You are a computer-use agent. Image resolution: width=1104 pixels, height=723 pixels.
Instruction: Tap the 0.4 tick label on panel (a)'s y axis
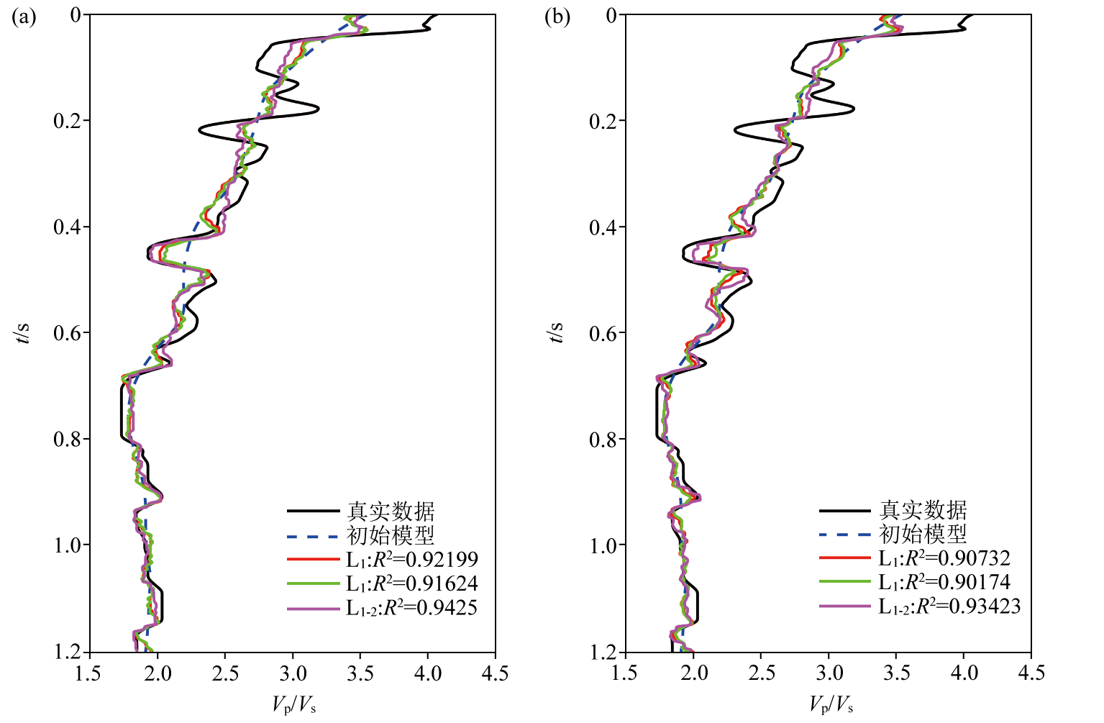[x=68, y=227]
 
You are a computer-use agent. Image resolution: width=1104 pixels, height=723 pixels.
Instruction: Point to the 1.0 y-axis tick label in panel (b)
[x=603, y=545]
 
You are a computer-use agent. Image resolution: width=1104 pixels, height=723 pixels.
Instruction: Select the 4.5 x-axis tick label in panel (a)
[x=495, y=674]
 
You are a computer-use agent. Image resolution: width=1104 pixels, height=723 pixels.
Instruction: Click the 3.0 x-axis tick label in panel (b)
[x=829, y=674]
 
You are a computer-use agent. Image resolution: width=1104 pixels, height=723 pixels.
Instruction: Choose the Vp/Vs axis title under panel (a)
[x=294, y=704]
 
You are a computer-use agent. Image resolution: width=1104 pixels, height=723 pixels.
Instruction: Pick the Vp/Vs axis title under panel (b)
[x=831, y=704]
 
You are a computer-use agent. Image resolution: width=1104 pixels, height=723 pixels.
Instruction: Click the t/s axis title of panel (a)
[x=23, y=333]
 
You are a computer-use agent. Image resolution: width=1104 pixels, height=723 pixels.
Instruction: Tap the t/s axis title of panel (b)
[x=557, y=333]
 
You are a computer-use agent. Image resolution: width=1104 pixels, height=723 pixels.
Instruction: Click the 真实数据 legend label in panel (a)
[x=391, y=511]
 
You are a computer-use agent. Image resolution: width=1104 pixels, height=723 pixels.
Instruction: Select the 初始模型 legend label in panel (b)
[x=923, y=535]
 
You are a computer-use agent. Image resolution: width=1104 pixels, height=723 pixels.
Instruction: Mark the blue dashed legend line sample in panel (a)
[x=313, y=536]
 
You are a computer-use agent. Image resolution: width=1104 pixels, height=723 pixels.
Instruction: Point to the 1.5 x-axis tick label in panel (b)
[x=624, y=674]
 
